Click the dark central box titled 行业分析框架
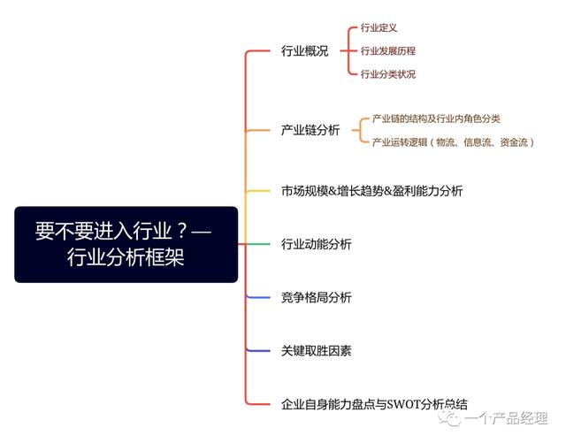coord(126,244)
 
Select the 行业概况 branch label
coord(304,51)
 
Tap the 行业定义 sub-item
coord(379,27)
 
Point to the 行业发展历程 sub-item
coord(388,51)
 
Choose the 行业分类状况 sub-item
coord(388,74)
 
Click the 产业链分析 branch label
coord(310,130)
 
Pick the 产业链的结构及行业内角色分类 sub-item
coord(436,118)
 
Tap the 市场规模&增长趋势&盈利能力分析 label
coord(371,191)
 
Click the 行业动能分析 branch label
coord(317,244)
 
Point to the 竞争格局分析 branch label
coord(317,297)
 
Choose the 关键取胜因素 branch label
coord(317,350)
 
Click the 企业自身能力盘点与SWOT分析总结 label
coord(374,404)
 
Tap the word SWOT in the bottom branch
coord(403,404)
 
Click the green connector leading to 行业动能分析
coord(257,244)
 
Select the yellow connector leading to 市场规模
coord(257,191)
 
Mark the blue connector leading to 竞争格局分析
coord(257,297)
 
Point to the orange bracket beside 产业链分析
coord(360,130)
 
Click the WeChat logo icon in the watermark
coord(449,418)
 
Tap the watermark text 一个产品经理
coord(506,418)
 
